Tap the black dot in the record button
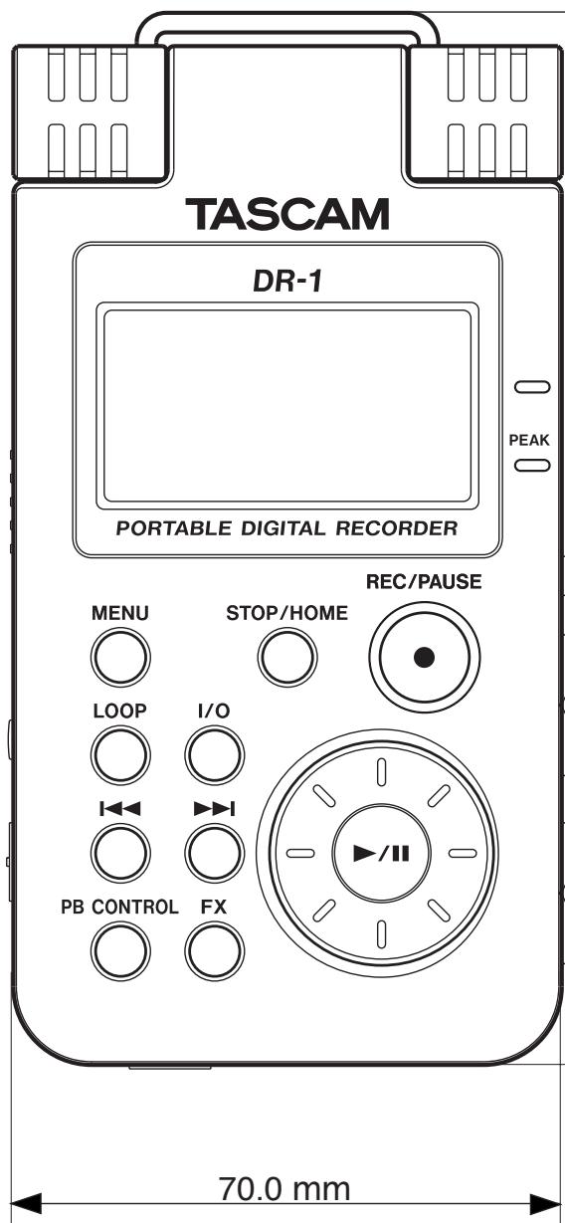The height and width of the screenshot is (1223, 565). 425,657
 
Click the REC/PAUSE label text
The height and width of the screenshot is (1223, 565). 425,585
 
